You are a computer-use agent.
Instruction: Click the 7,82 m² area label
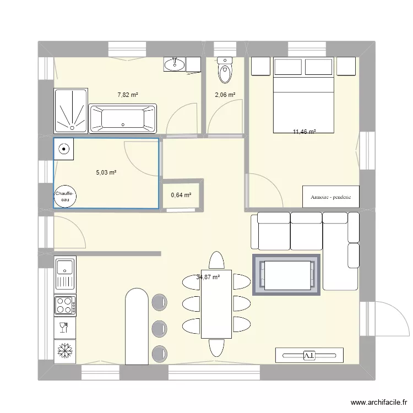[x=127, y=95]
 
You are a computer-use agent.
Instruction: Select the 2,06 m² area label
[x=225, y=95]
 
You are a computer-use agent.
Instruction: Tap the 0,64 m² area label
[x=181, y=195]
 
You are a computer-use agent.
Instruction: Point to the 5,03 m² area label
[x=106, y=172]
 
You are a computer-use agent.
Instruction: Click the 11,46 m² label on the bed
[x=305, y=132]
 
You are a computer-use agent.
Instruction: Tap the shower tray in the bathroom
[x=70, y=111]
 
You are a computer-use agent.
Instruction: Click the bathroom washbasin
[x=176, y=65]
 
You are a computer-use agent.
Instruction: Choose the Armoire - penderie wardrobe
[x=330, y=197]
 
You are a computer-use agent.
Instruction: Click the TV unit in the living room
[x=309, y=355]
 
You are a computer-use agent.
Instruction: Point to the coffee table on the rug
[x=286, y=275]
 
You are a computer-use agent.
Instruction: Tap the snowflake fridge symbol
[x=65, y=351]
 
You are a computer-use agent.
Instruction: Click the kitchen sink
[x=65, y=273]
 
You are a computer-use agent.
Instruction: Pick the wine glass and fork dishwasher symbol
[x=64, y=328]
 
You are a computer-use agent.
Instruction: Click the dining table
[x=216, y=305]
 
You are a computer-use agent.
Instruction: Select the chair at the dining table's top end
[x=216, y=260]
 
